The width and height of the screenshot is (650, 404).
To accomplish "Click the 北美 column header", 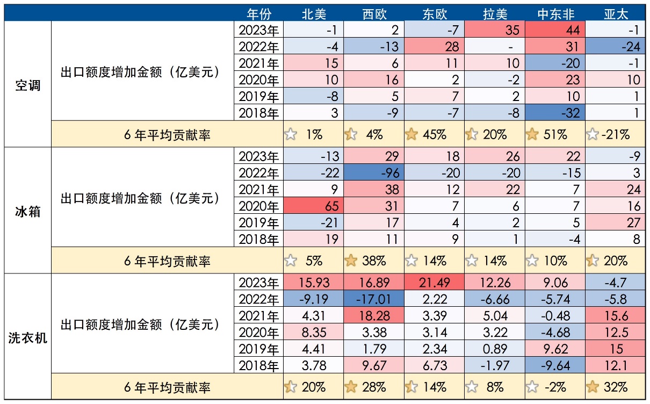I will [x=313, y=13].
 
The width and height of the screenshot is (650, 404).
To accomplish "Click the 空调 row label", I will [x=27, y=85].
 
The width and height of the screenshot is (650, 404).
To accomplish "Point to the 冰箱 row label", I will [x=27, y=211].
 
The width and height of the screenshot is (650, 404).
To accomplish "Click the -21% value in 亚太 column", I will [x=615, y=134].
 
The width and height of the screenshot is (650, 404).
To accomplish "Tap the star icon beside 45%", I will [x=413, y=134].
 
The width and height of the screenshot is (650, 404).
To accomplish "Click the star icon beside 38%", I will [x=351, y=261].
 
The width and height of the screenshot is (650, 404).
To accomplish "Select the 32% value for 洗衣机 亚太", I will [x=616, y=387].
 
